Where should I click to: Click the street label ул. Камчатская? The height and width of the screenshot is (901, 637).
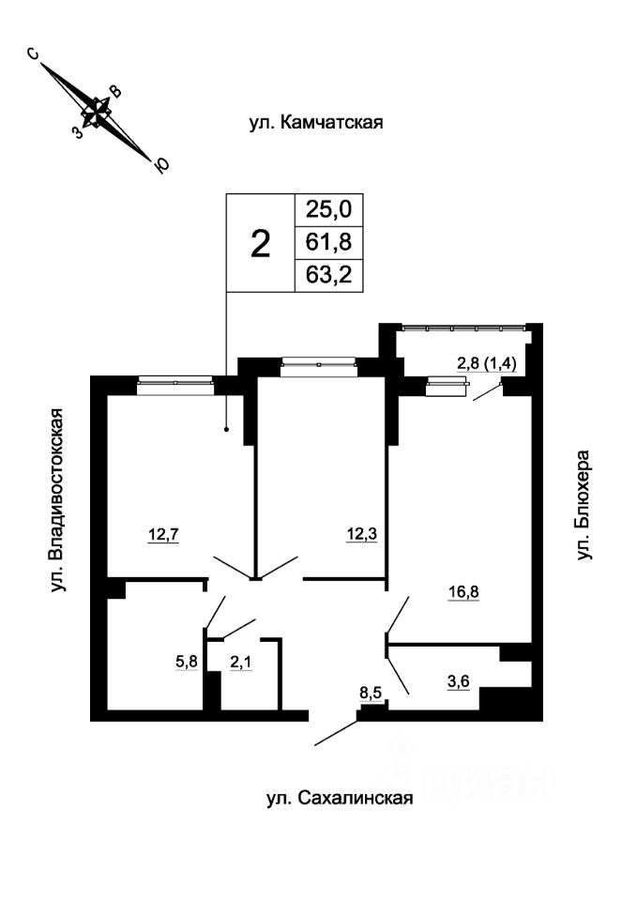(316, 122)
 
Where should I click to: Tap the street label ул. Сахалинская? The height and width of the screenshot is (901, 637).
(340, 799)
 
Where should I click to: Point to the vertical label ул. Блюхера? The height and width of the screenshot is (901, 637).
(584, 505)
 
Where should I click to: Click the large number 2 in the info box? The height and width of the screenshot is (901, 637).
(261, 244)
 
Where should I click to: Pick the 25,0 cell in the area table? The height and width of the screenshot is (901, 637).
(328, 209)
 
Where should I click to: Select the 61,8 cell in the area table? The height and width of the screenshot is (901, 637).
(328, 242)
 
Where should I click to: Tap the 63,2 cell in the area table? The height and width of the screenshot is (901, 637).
(328, 275)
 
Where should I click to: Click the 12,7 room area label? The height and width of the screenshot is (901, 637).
(164, 535)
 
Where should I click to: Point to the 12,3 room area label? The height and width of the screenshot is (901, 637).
(361, 535)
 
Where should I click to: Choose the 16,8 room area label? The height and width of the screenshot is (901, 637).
(463, 591)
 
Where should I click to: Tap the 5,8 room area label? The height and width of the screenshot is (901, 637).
(187, 662)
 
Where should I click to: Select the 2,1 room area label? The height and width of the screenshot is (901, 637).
(241, 662)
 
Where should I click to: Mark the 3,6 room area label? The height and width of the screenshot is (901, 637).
(459, 682)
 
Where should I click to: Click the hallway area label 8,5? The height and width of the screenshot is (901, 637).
(371, 693)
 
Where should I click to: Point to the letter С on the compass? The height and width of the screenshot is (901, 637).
(34, 54)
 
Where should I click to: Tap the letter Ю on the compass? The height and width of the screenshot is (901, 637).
(162, 165)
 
